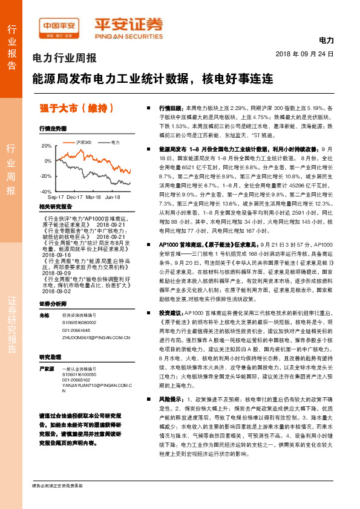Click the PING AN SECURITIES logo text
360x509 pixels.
tap(127, 34)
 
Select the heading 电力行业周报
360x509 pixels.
tap(64, 59)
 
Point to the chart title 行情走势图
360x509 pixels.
tap(52, 129)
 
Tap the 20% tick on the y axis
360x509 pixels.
tap(46, 146)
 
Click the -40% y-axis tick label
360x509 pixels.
tap(45, 191)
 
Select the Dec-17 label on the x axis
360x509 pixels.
tap(75, 198)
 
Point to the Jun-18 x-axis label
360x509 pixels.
tap(113, 198)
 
